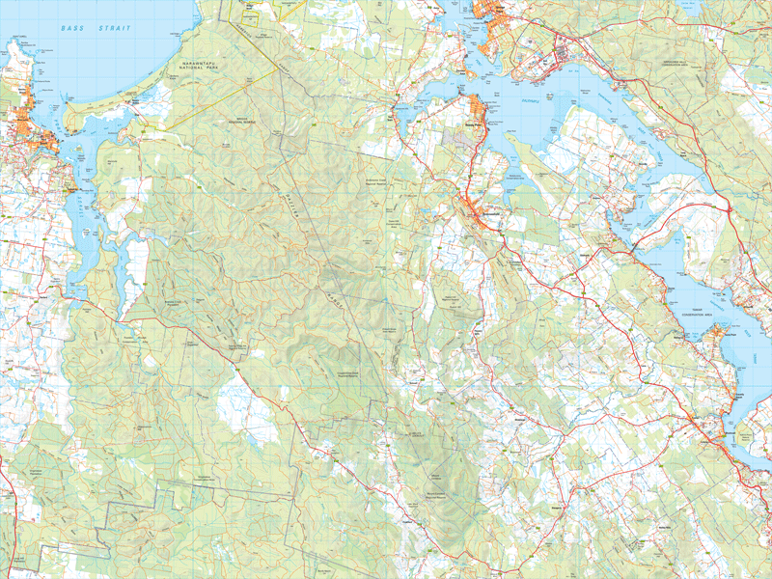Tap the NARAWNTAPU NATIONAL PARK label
pyautogui.click(x=210, y=67)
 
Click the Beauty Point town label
pyautogui.click(x=472, y=124)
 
